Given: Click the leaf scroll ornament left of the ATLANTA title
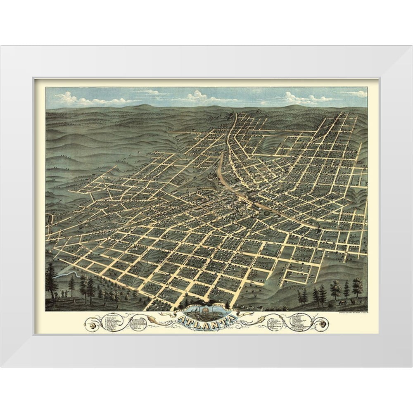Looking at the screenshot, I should (x=167, y=319).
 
